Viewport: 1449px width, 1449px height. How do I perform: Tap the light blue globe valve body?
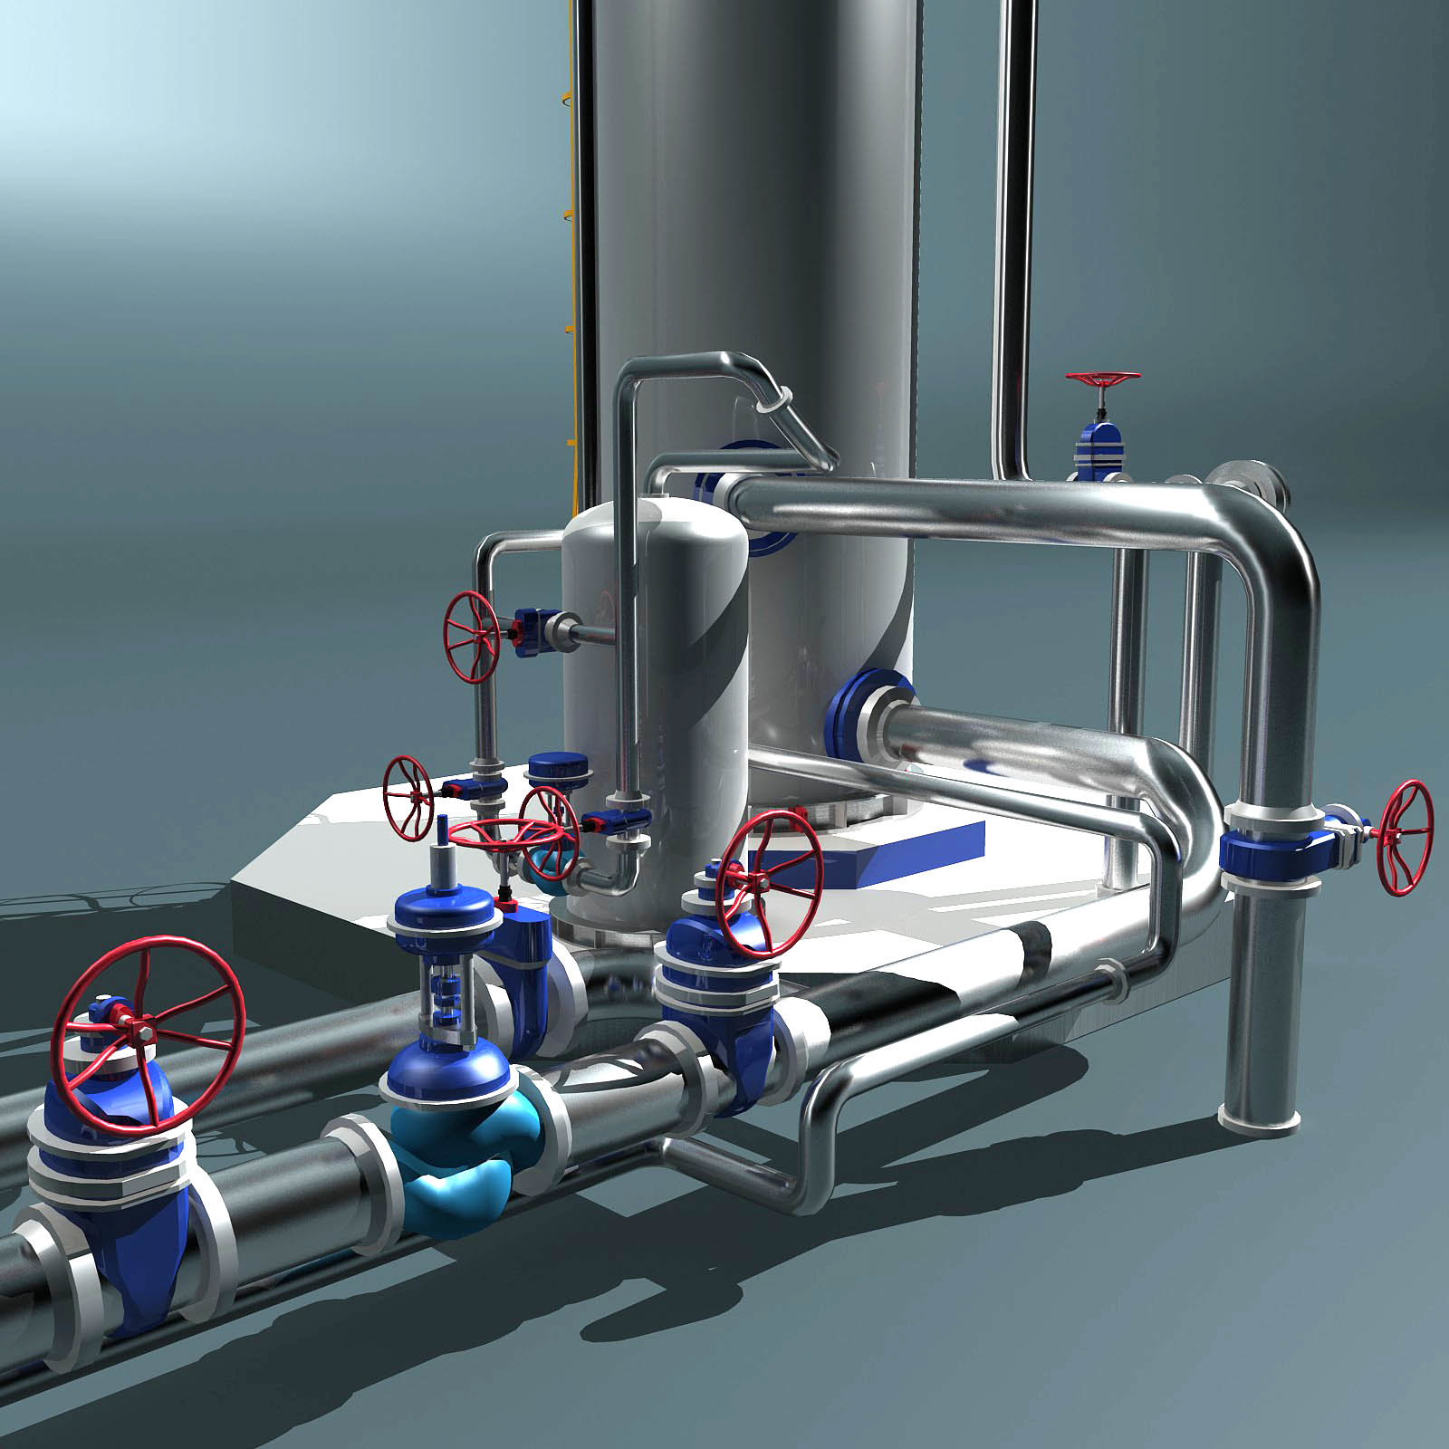pos(457,1168)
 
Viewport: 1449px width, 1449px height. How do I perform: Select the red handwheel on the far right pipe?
pos(1403,837)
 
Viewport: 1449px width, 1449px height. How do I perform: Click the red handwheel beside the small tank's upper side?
pos(471,636)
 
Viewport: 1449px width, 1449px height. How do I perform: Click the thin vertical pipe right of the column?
pos(1014,226)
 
